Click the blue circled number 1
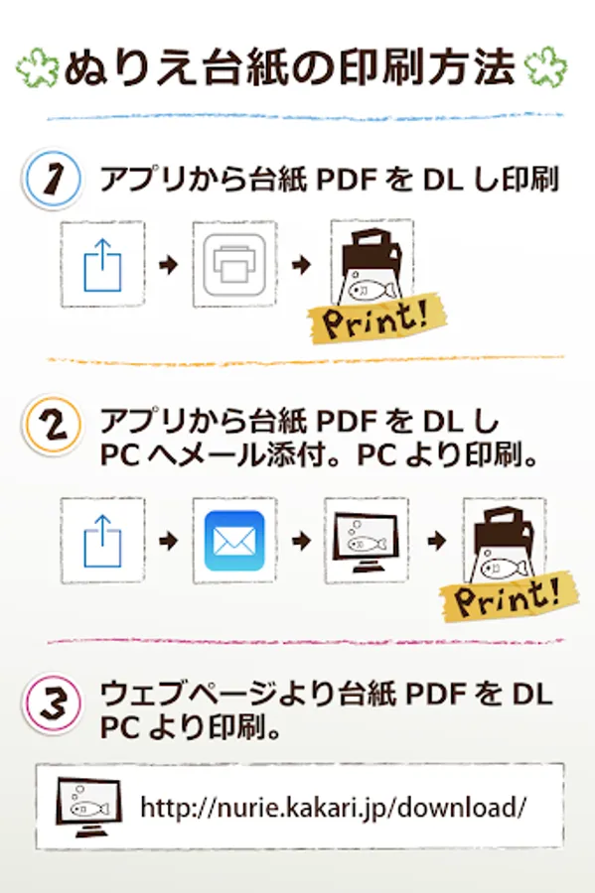click(x=53, y=179)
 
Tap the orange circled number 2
click(x=53, y=426)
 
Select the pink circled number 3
click(x=53, y=702)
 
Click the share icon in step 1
click(x=102, y=265)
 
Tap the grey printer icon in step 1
click(x=234, y=264)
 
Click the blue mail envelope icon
click(x=234, y=541)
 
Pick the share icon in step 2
click(x=102, y=541)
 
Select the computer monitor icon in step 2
click(x=367, y=542)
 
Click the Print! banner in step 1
click(x=376, y=319)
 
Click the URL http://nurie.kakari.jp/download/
click(x=334, y=807)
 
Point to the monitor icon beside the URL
click(x=89, y=807)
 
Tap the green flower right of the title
click(x=545, y=66)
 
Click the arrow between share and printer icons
click(x=169, y=264)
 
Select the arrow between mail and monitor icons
click(x=301, y=541)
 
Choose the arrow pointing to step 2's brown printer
click(x=436, y=541)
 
